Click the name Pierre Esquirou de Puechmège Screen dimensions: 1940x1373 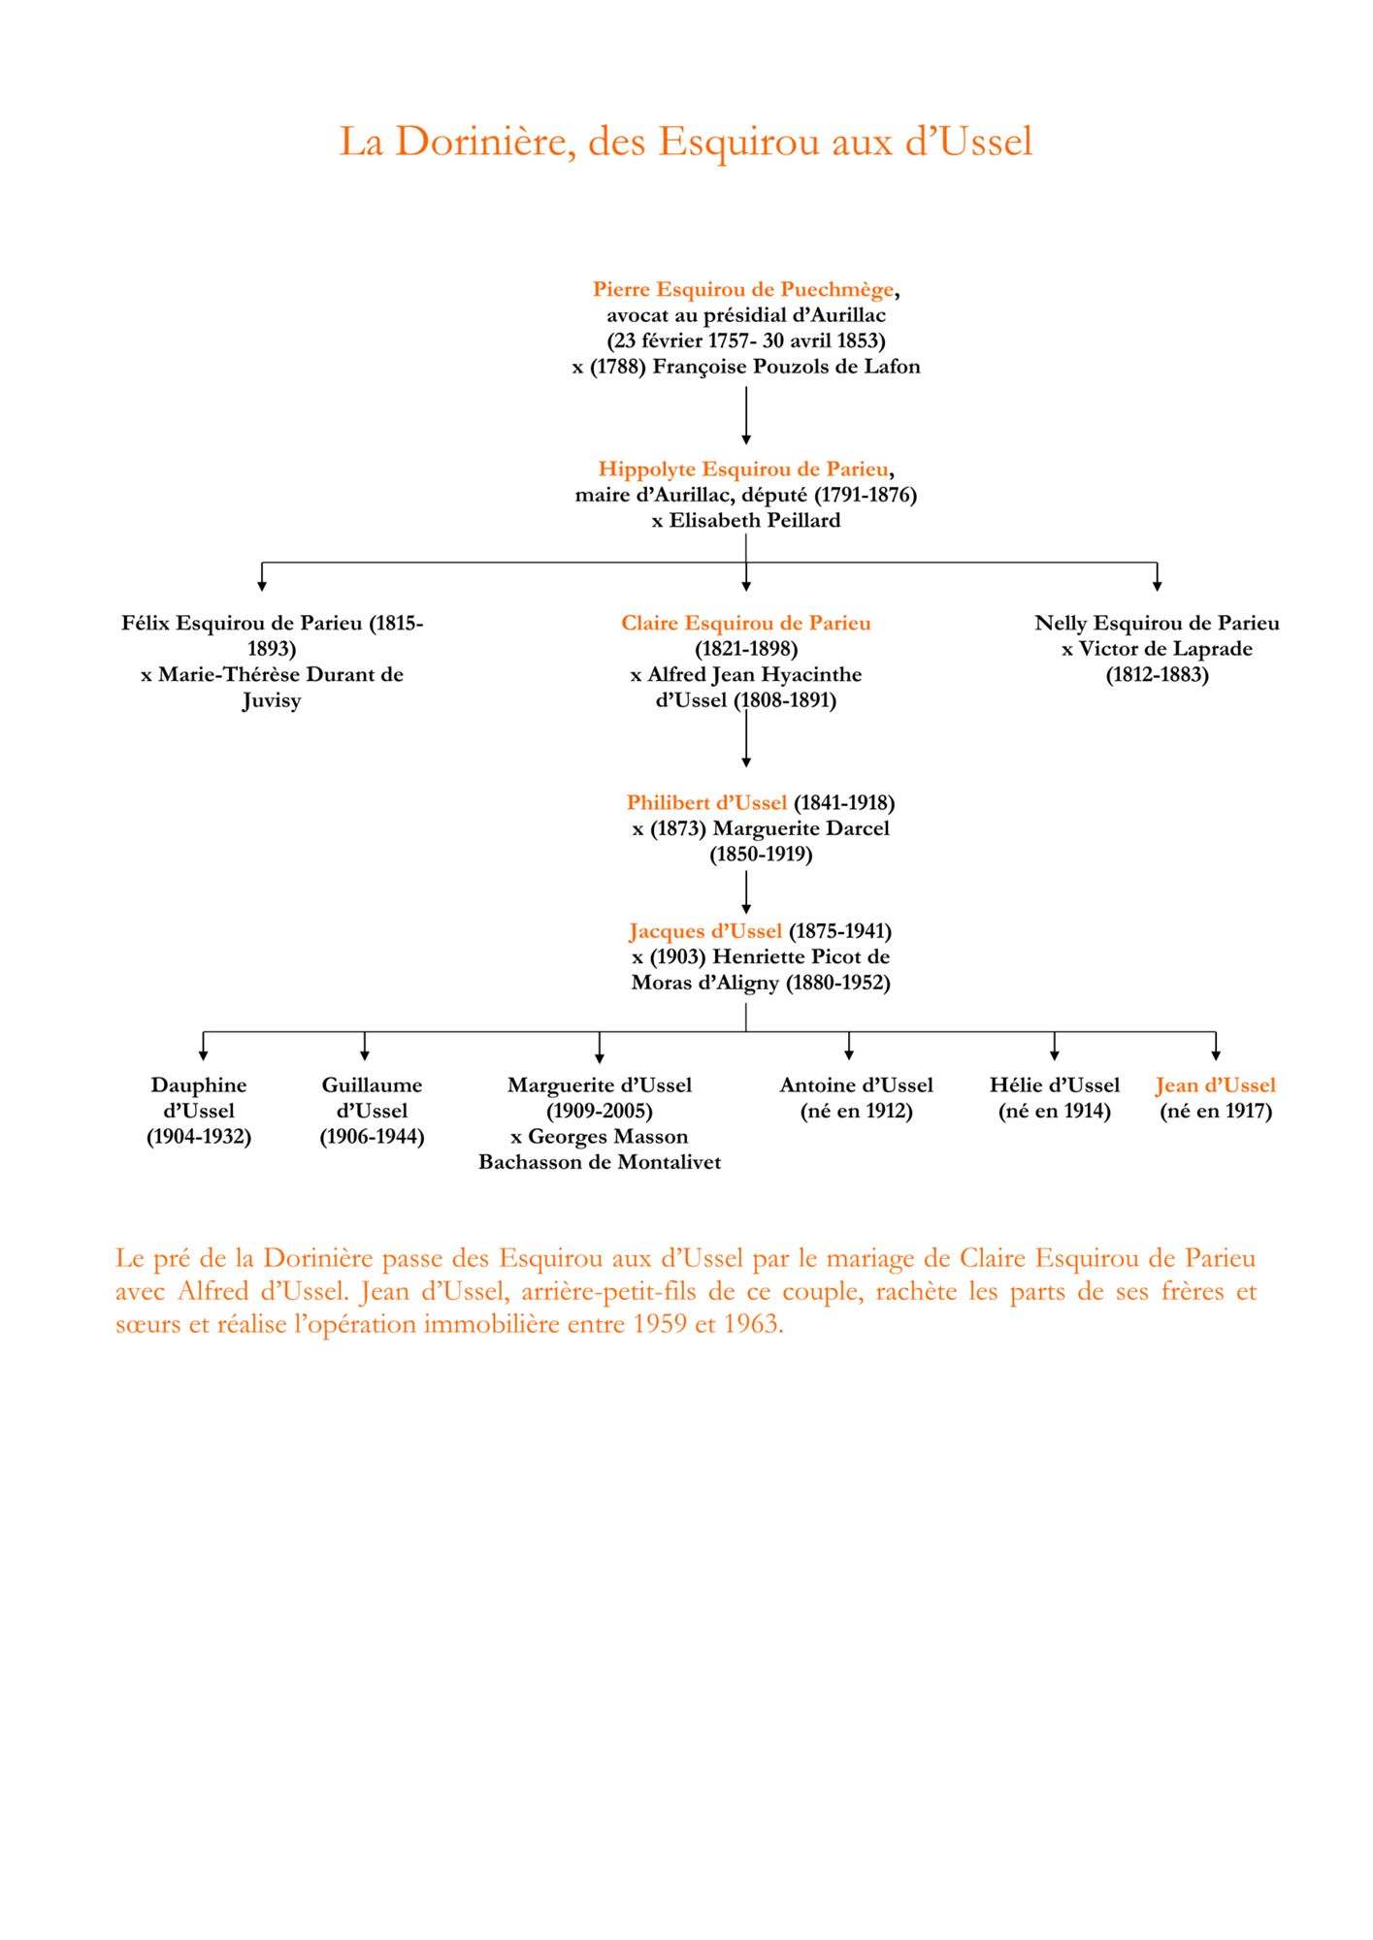tap(743, 289)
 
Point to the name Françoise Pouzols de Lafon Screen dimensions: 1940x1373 tap(786, 367)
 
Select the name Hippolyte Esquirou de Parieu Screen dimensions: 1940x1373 tap(743, 469)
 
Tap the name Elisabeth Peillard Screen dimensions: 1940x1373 tap(755, 521)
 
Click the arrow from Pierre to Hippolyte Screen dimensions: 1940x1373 tap(746, 416)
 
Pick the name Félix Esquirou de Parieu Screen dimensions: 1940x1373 tap(242, 623)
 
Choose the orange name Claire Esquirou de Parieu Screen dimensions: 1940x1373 tap(746, 623)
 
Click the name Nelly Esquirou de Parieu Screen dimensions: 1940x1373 tap(1157, 623)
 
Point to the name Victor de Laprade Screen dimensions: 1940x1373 tap(1165, 649)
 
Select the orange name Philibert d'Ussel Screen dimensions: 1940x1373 tap(706, 803)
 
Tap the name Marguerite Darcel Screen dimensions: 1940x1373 tap(801, 828)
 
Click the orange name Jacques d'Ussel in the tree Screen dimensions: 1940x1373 tap(705, 931)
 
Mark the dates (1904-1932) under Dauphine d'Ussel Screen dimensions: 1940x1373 tap(199, 1137)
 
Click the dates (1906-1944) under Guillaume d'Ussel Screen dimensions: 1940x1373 tap(373, 1137)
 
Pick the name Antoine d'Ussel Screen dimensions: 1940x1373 tap(856, 1085)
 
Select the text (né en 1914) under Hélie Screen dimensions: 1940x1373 tap(1055, 1112)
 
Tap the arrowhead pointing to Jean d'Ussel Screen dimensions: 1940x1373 tap(1216, 1054)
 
